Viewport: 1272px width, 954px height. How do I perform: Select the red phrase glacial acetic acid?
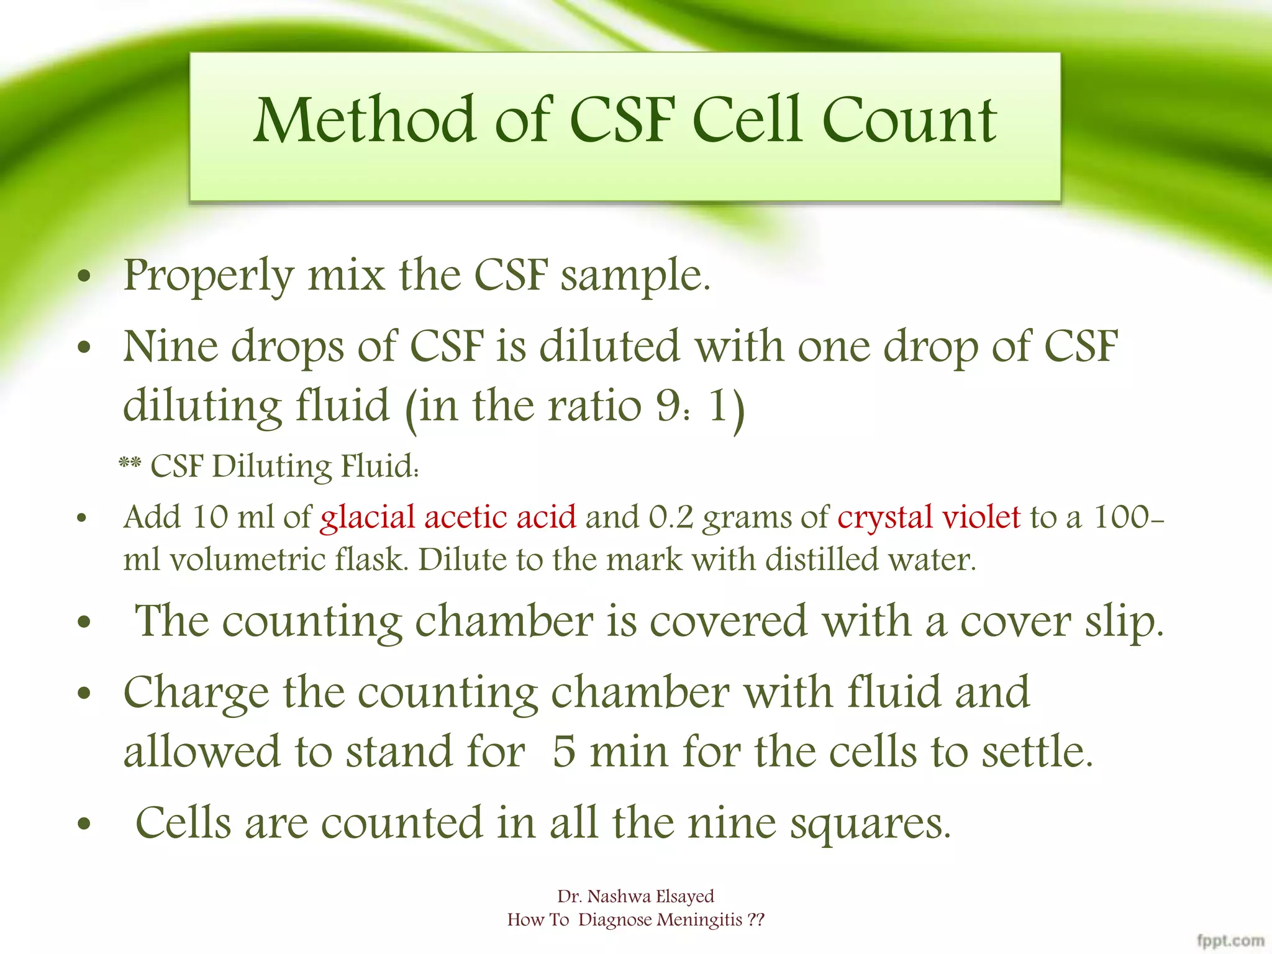coord(448,517)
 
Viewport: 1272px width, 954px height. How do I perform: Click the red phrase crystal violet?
coord(929,517)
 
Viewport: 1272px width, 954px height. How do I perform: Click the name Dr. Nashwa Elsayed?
coord(635,896)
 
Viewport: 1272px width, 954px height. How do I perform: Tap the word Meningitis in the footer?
coord(699,920)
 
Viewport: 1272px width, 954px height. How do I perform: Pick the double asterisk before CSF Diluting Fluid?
coord(130,464)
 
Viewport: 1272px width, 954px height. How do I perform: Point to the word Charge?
coord(196,693)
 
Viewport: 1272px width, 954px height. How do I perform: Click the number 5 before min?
coord(563,752)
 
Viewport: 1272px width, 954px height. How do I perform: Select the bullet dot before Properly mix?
coord(84,277)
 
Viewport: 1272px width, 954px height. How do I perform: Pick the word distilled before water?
coord(822,560)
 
